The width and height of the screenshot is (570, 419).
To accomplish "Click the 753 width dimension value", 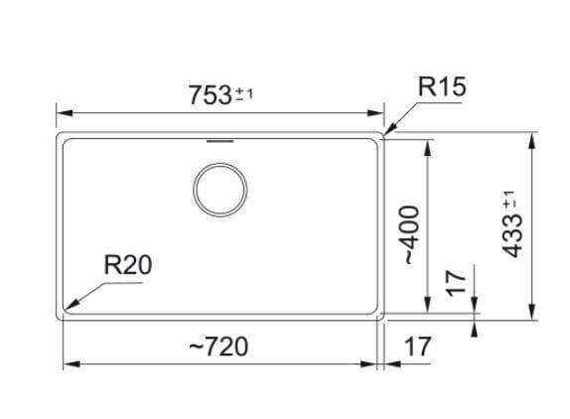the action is pos(211,95).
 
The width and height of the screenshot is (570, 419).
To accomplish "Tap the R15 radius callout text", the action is pos(442,86).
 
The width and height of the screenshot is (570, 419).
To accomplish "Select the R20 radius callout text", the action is pos(127,265).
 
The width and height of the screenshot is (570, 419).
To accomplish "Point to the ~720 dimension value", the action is pos(218,347).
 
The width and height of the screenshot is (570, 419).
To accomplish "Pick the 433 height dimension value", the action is pos(511,236).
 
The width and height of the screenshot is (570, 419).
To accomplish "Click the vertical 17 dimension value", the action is pos(456,283).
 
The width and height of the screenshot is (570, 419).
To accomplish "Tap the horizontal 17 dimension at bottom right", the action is pos(418,347).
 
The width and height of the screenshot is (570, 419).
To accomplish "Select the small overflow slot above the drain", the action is pos(219,141).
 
